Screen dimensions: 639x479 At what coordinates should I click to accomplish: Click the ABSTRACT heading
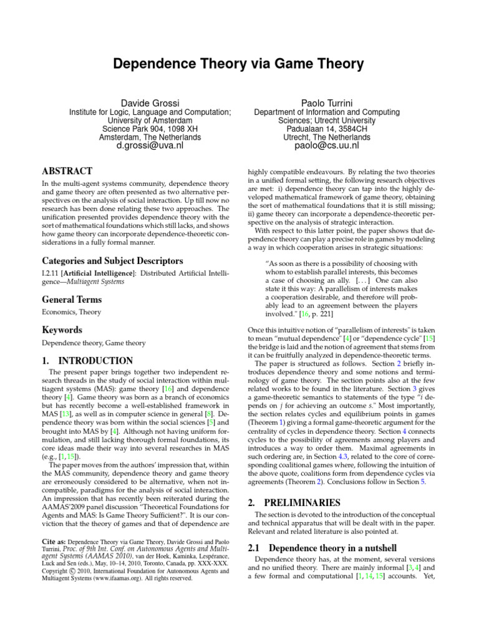click(67, 170)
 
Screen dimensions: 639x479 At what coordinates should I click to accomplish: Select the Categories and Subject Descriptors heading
click(104, 260)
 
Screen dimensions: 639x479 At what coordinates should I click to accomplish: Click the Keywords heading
click(62, 329)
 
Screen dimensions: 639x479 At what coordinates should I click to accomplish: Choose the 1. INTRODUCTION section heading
click(87, 361)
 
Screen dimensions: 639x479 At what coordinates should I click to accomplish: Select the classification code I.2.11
click(51, 273)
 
